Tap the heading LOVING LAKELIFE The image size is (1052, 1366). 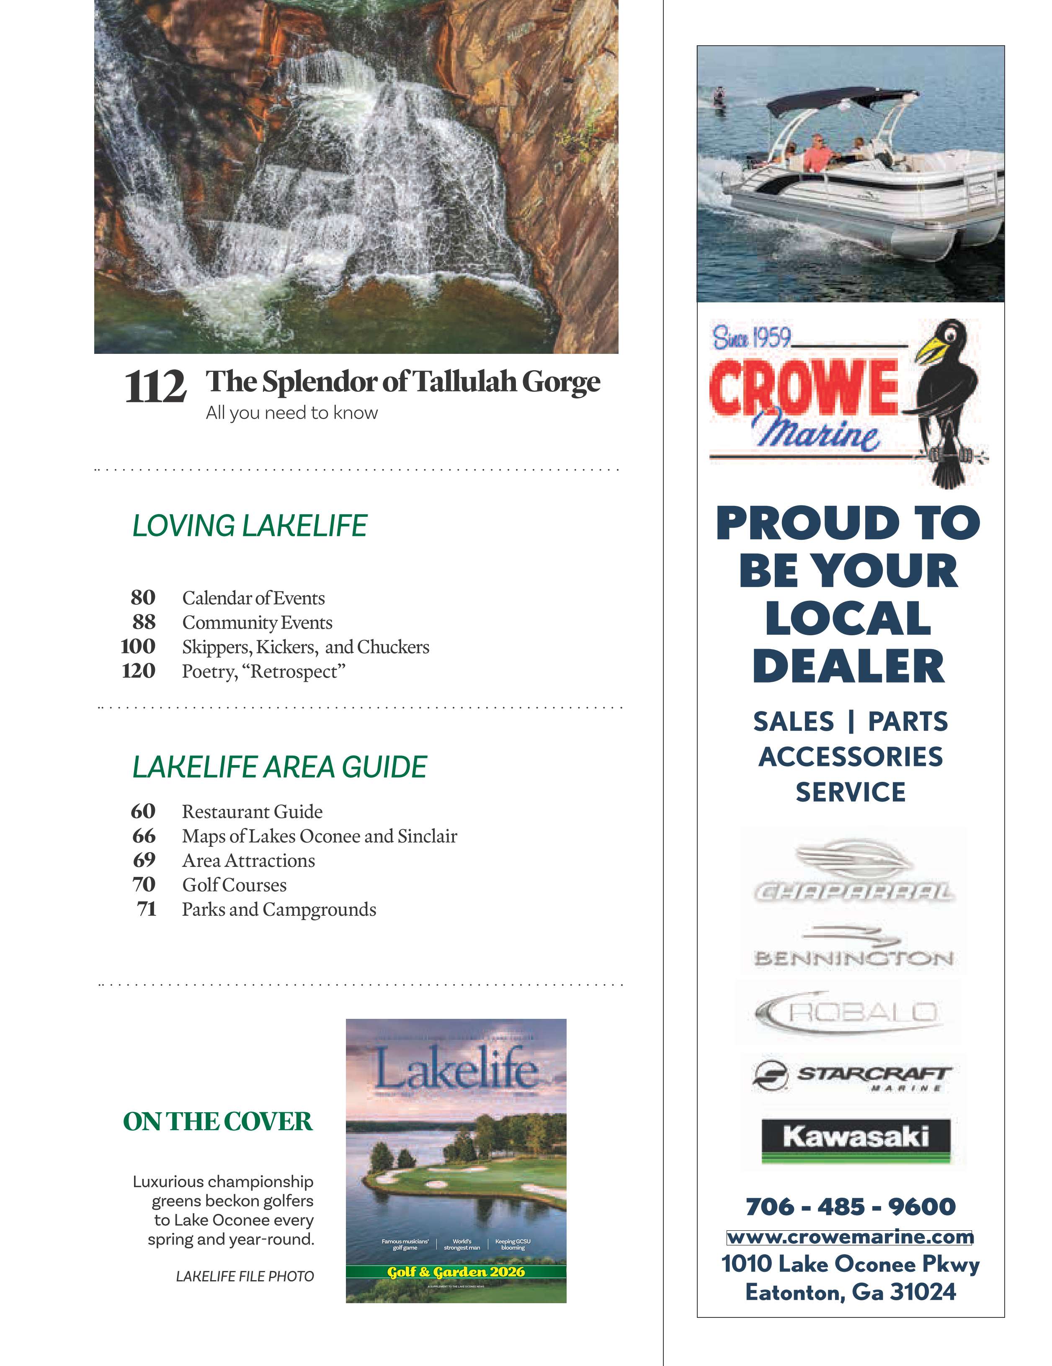tap(250, 526)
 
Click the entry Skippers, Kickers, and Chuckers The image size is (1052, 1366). tap(305, 647)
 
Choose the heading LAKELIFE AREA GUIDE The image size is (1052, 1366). tap(280, 767)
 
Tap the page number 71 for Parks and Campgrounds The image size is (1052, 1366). tap(146, 909)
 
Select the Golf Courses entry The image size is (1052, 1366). tap(234, 885)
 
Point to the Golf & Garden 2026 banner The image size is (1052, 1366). tap(456, 1271)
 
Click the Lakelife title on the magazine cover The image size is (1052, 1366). tap(456, 1070)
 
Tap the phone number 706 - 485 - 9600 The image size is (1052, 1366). tap(851, 1206)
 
